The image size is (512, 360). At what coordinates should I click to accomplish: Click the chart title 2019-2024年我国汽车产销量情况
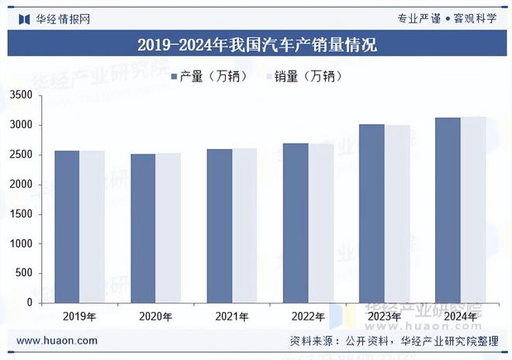point(256,44)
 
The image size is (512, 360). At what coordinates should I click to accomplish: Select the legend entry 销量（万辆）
point(303,76)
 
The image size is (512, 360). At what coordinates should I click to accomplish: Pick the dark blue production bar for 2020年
point(143,228)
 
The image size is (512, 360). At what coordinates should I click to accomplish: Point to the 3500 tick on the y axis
point(21,95)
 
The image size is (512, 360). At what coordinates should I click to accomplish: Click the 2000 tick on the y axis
point(21,185)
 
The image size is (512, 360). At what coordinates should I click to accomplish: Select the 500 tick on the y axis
point(24,273)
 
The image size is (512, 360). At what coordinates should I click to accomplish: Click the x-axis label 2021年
point(232,317)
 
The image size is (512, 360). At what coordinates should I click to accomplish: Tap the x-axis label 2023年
point(384,317)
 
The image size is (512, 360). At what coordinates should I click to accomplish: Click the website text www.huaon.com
point(57,341)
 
